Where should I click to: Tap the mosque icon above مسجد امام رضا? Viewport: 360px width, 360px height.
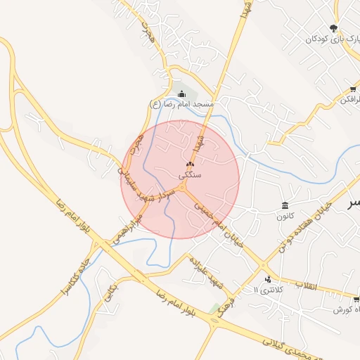pos(182,94)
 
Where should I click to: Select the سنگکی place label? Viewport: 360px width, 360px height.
pos(190,174)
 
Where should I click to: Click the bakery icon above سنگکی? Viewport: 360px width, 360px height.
pos(190,164)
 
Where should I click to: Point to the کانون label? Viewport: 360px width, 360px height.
pos(284,216)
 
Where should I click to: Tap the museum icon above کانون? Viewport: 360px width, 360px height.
pos(284,205)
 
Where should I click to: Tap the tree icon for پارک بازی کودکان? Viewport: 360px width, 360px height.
pos(333,28)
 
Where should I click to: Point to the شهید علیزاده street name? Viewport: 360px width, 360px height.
pos(205,271)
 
